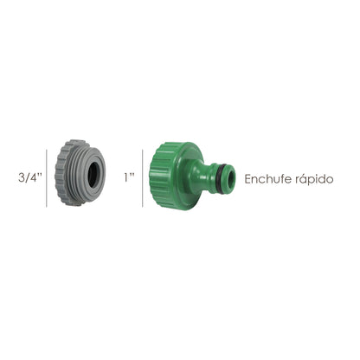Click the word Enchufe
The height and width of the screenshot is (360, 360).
point(269,180)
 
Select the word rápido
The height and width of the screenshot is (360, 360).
point(315,180)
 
